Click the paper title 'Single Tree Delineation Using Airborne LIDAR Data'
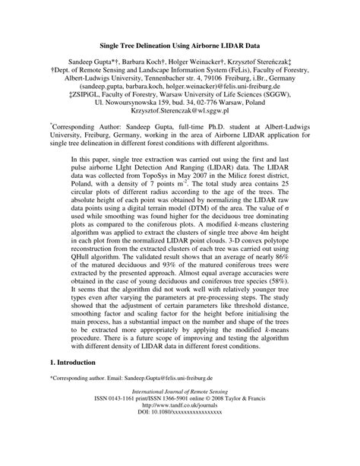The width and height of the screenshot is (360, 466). (179, 46)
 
